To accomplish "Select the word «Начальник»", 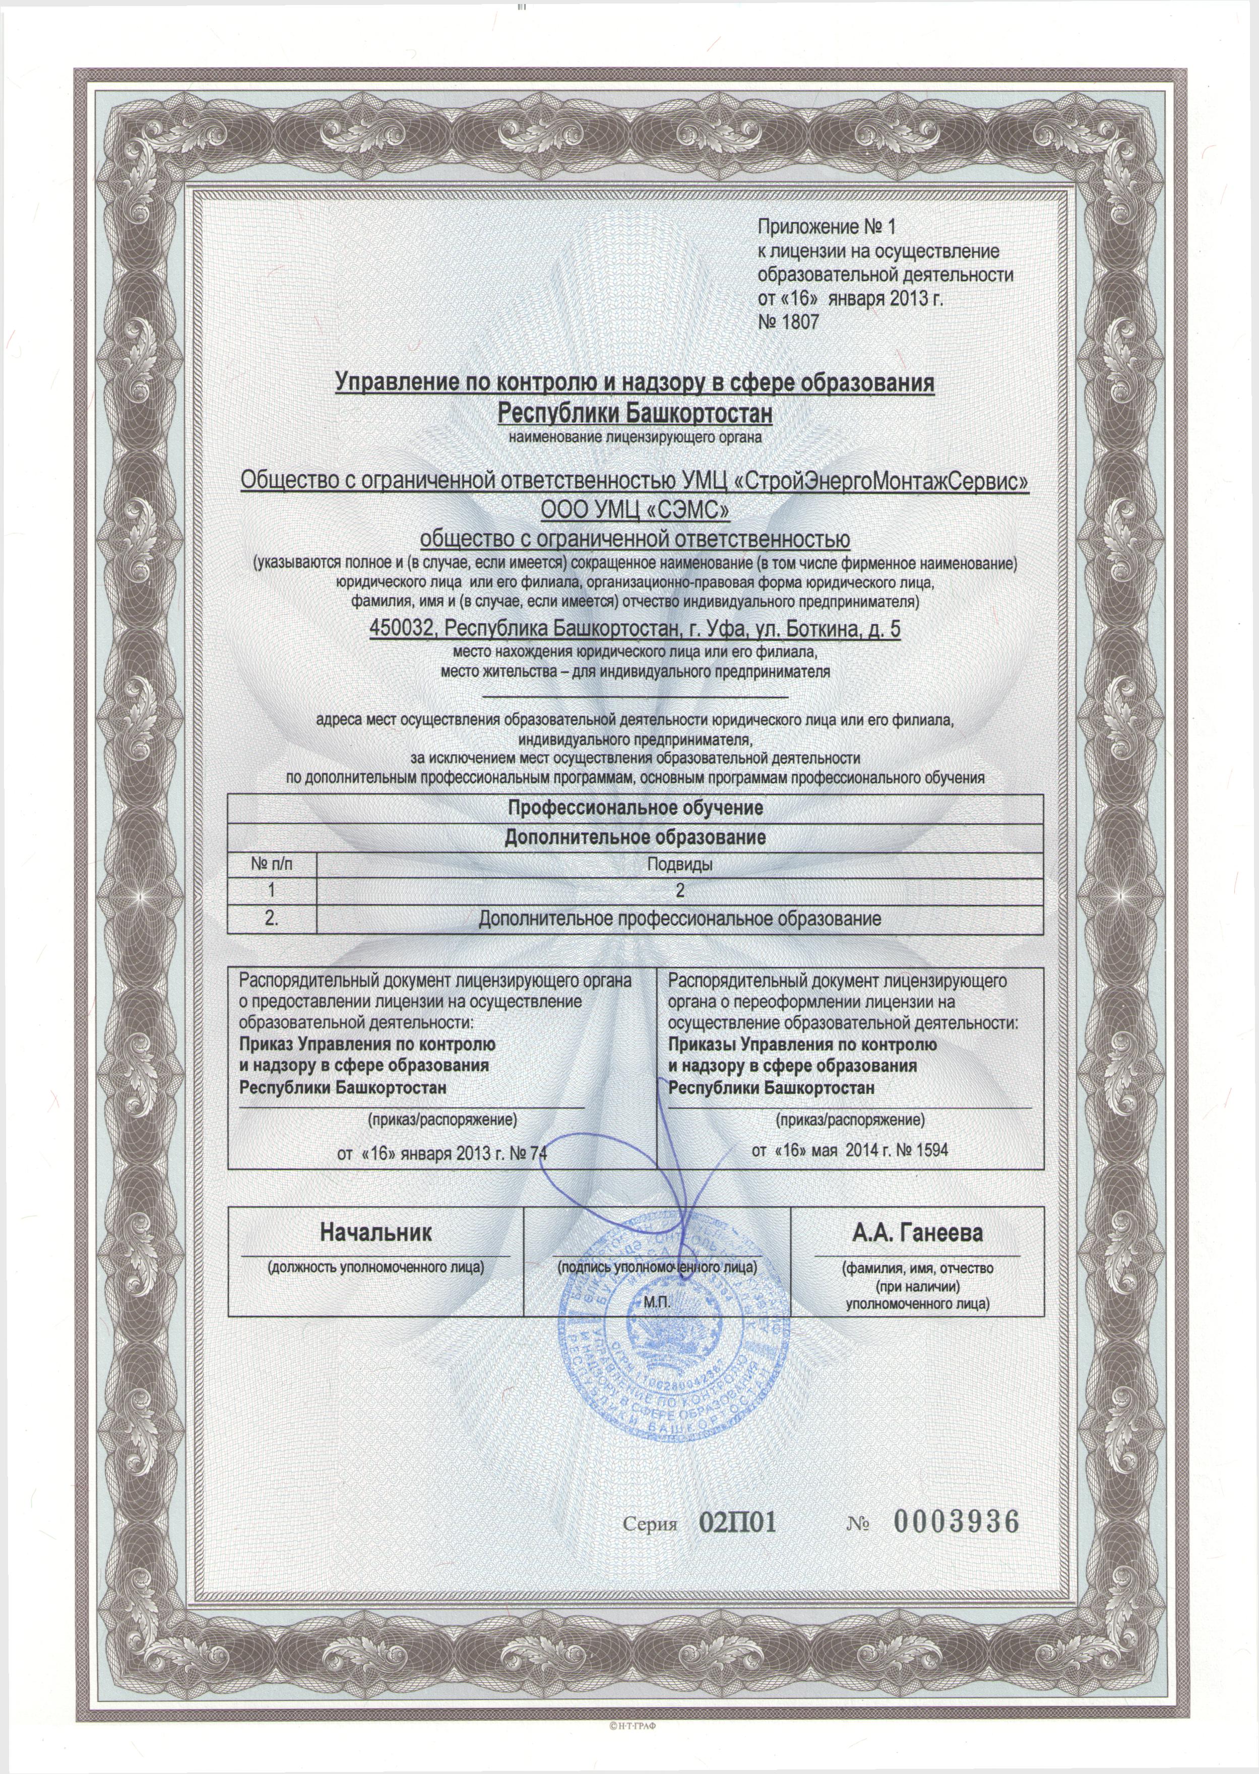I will click(375, 1231).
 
